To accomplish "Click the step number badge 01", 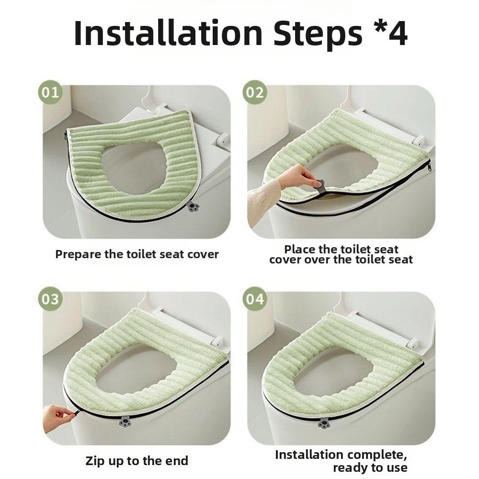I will coord(49,92).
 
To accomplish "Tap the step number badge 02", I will coord(254,92).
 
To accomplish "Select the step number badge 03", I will coord(49,299).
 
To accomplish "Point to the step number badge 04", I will coord(254,299).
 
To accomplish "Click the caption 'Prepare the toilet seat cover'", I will coord(137,254).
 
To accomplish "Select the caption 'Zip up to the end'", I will coord(137,461).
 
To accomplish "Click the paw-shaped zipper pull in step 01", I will coord(194,207).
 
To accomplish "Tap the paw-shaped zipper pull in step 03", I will coord(125,422).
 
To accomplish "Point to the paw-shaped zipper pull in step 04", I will coord(324,423).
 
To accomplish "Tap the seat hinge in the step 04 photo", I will coord(411,342).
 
